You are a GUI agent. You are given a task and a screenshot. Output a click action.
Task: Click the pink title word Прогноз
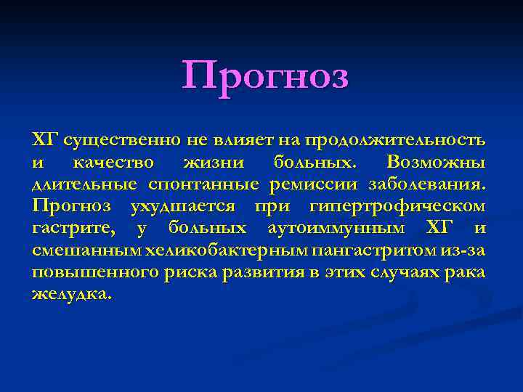click(265, 76)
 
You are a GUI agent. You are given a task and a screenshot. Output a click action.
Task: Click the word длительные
click(86, 184)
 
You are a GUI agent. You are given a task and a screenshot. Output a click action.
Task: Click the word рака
click(469, 274)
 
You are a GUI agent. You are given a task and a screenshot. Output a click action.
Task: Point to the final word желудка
click(72, 295)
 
